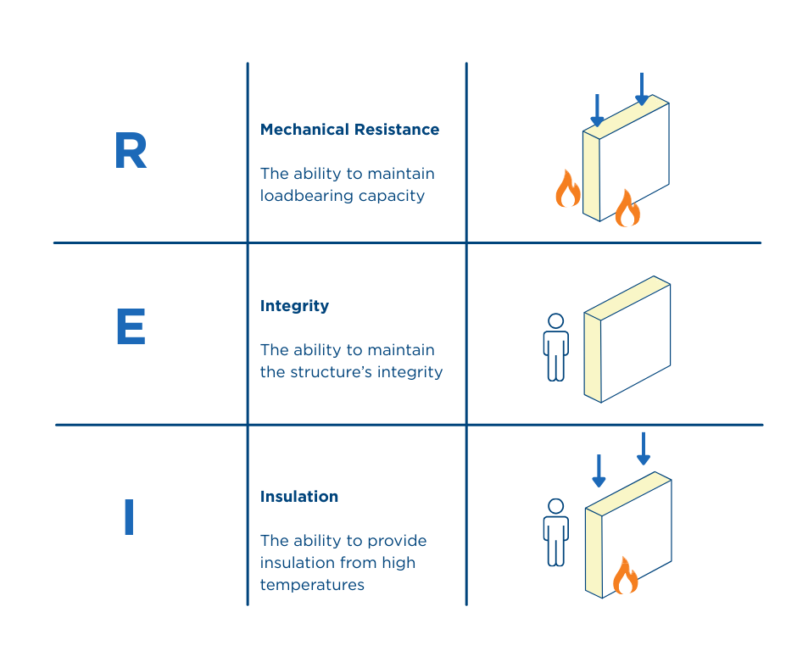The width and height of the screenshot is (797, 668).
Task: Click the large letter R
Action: (x=131, y=152)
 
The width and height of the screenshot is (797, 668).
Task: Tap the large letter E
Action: (x=131, y=327)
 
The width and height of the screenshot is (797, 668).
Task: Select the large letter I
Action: (x=129, y=517)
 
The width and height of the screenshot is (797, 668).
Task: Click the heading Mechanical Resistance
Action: (x=349, y=130)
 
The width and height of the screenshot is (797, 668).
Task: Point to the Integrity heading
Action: (x=294, y=306)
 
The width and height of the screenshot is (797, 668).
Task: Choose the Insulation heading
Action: (x=299, y=497)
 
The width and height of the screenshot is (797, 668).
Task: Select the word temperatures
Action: (x=312, y=584)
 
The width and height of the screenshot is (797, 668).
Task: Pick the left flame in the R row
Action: (x=567, y=189)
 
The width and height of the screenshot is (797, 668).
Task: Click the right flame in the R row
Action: (x=627, y=209)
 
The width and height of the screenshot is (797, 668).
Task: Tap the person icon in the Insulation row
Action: (x=556, y=532)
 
